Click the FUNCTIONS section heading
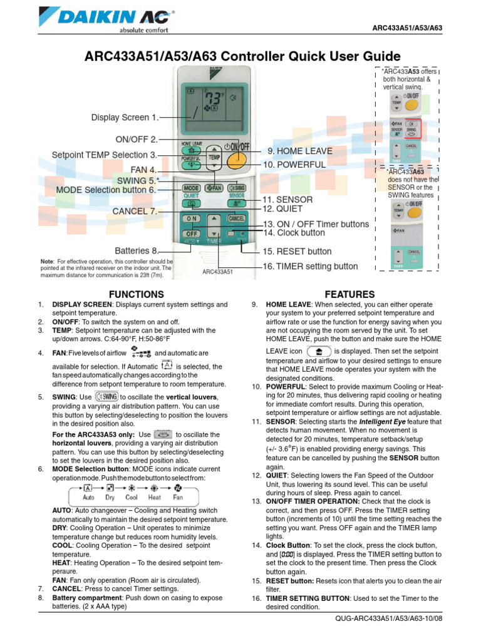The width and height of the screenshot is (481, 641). click(136, 294)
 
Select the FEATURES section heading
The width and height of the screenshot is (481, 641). click(349, 294)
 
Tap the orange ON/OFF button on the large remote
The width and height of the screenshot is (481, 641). click(236, 158)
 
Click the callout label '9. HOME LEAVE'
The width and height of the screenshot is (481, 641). click(300, 151)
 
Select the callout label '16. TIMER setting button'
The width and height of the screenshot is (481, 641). click(310, 266)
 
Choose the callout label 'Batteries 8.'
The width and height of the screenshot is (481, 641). click(136, 250)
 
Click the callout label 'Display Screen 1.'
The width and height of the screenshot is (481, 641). click(125, 117)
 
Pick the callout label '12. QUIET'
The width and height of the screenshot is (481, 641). click(282, 208)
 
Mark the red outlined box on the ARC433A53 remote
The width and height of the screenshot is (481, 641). click(411, 128)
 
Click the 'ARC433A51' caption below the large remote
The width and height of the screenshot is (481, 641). click(219, 272)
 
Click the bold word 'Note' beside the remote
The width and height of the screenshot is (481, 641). click(46, 260)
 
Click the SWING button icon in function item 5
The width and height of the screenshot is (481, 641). click(106, 397)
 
